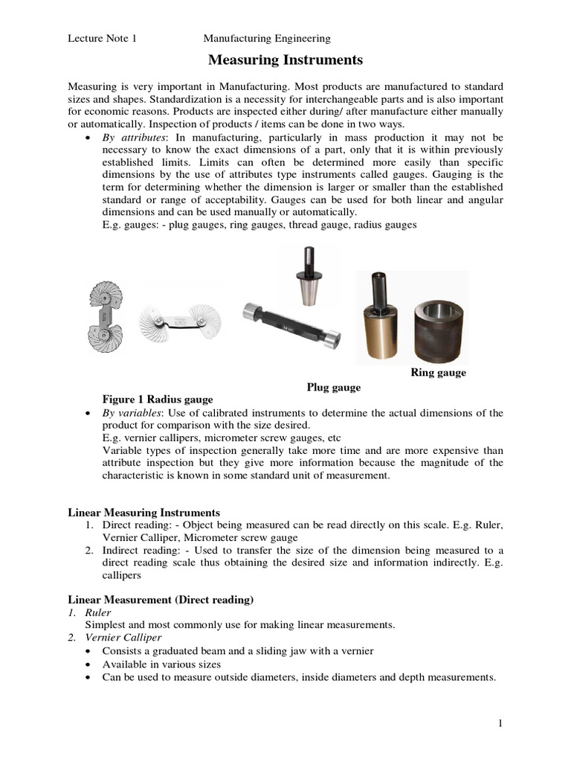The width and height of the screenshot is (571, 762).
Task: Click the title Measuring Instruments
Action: (285, 60)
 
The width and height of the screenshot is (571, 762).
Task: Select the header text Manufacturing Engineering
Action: (267, 38)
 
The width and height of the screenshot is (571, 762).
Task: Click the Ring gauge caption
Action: (438, 373)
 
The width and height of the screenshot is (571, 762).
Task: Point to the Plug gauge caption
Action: (334, 387)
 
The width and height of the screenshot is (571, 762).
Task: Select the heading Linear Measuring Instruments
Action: (143, 513)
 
